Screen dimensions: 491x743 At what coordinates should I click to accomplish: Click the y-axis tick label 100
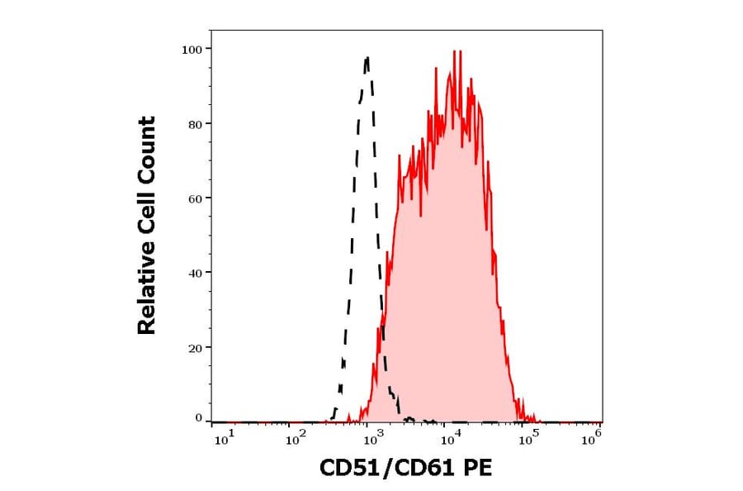(x=192, y=50)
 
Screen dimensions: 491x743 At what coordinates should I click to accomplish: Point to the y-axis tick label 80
(x=194, y=124)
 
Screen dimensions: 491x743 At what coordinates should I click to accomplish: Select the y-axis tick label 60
(x=194, y=198)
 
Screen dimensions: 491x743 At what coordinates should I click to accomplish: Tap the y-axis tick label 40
(x=194, y=273)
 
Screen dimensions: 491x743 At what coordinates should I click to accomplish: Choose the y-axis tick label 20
(x=194, y=348)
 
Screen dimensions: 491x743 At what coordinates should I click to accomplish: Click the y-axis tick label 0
(x=198, y=418)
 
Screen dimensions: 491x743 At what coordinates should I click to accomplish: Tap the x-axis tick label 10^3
(x=371, y=440)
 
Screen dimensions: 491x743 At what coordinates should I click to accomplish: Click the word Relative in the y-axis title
(x=147, y=290)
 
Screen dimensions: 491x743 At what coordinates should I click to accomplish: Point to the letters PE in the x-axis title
(x=478, y=470)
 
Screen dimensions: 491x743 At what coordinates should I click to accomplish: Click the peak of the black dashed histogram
(x=367, y=58)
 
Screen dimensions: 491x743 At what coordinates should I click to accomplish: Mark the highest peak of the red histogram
(x=455, y=52)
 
